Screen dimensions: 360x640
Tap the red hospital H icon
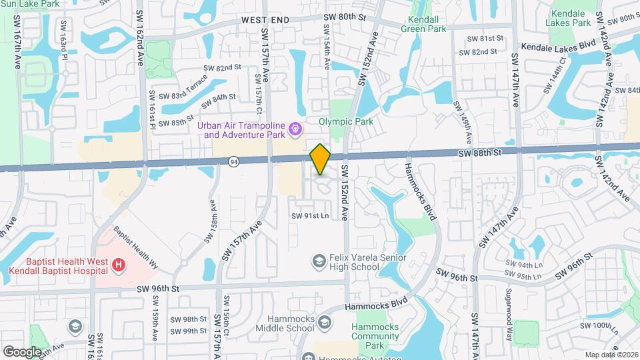[119, 265]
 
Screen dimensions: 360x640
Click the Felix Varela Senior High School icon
[319, 259]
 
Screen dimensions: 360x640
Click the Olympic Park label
[345, 122]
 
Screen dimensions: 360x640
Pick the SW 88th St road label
[479, 153]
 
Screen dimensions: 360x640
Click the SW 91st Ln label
[309, 215]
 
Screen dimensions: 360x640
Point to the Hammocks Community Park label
[375, 337]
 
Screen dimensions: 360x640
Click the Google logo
[21, 351]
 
